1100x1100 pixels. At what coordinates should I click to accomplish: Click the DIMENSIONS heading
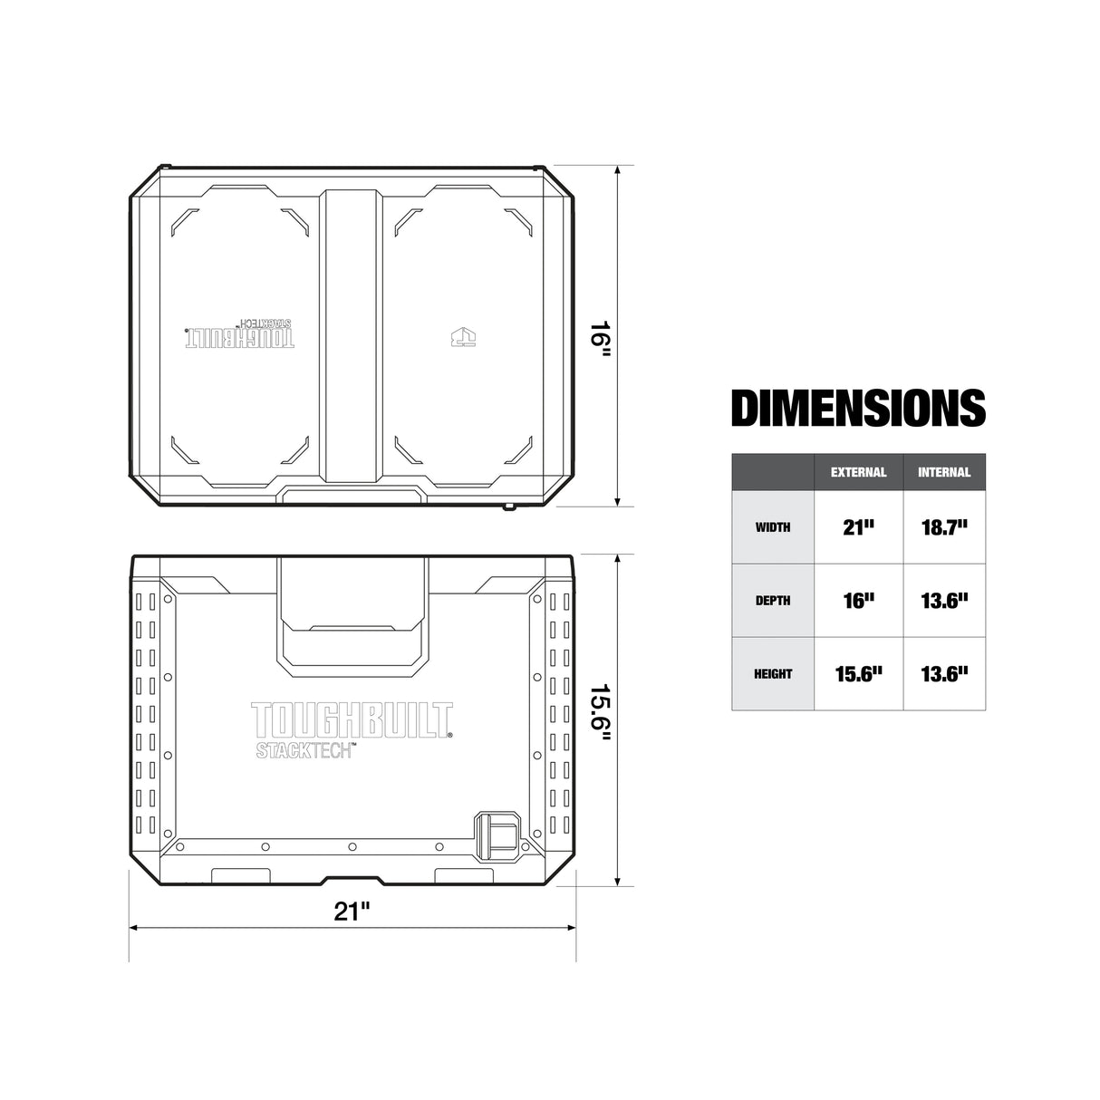pos(857,408)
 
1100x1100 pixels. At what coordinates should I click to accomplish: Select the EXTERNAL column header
pos(858,472)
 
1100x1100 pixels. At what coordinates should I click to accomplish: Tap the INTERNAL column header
pos(943,472)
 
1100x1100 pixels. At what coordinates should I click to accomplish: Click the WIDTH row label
pos(773,527)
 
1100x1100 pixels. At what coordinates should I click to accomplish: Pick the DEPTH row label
pos(773,601)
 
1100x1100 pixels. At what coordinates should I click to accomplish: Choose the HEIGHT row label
pos(773,674)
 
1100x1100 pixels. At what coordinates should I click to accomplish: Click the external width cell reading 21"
pos(858,527)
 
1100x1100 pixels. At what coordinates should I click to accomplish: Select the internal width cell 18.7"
pos(944,527)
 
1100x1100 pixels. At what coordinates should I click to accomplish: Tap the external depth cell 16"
pos(858,601)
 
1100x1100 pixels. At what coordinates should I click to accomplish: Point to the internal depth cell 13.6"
pos(944,601)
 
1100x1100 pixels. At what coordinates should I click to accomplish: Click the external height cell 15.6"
pos(858,674)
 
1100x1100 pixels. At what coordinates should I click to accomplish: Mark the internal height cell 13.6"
pos(944,674)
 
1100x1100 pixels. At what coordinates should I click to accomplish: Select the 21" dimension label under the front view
pos(352,911)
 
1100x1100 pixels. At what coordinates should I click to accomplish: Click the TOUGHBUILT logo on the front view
pos(351,720)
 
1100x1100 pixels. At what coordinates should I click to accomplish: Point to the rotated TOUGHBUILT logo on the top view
pos(241,335)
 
